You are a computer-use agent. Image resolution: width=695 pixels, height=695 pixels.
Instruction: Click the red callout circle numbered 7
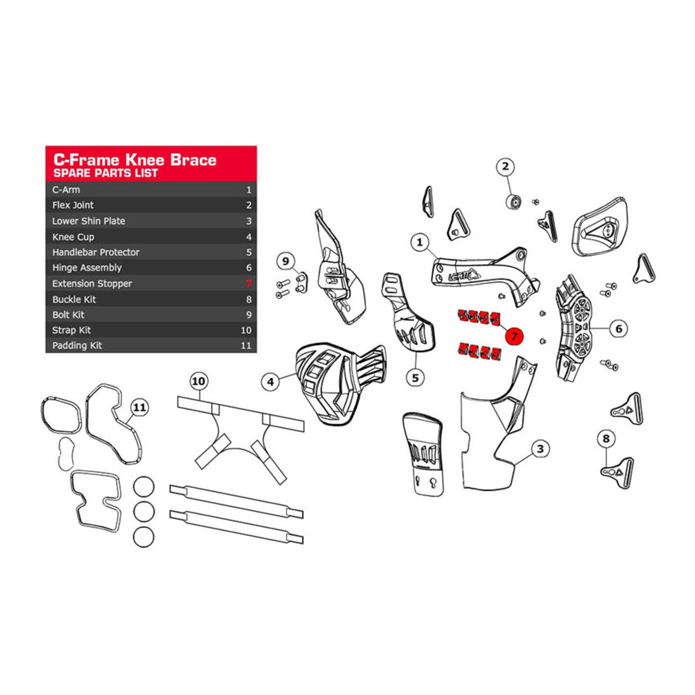click(x=514, y=336)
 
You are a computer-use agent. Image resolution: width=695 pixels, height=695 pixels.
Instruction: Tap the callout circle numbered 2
click(x=505, y=166)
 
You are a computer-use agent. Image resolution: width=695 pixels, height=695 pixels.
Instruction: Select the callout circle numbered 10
click(x=199, y=381)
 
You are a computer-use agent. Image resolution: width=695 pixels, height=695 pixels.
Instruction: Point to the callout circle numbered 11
click(x=139, y=407)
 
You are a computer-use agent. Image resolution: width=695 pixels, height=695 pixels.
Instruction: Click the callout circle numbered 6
click(x=619, y=328)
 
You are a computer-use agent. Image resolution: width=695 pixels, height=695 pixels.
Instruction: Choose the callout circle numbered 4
click(x=270, y=382)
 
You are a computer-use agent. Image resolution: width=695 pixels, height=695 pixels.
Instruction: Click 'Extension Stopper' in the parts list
click(x=92, y=284)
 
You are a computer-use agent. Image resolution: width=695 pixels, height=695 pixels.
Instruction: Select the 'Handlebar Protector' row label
click(x=96, y=252)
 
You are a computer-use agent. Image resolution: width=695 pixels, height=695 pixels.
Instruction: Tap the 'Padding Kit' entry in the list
click(x=77, y=346)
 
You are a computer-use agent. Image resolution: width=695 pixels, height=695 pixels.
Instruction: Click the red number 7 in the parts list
click(x=248, y=284)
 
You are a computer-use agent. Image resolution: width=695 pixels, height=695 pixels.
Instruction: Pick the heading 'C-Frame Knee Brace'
click(x=135, y=159)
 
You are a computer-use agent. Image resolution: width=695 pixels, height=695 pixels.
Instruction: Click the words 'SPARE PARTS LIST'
click(x=106, y=173)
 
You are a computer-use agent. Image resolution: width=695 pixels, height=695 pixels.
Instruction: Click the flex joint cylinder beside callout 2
click(x=513, y=202)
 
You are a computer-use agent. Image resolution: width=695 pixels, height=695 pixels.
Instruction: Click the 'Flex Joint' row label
click(x=73, y=205)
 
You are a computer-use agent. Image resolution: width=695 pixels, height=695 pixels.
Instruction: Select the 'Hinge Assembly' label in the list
click(x=87, y=268)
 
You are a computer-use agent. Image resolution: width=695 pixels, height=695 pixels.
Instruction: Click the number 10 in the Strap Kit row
click(x=246, y=330)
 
